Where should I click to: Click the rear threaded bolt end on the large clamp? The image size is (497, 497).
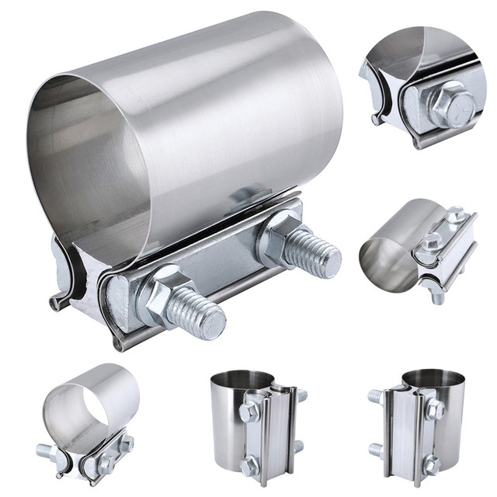tap(315, 252)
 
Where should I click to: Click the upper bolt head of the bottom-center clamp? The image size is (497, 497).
tap(249, 410)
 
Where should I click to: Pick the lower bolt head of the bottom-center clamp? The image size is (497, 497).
tap(249, 465)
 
